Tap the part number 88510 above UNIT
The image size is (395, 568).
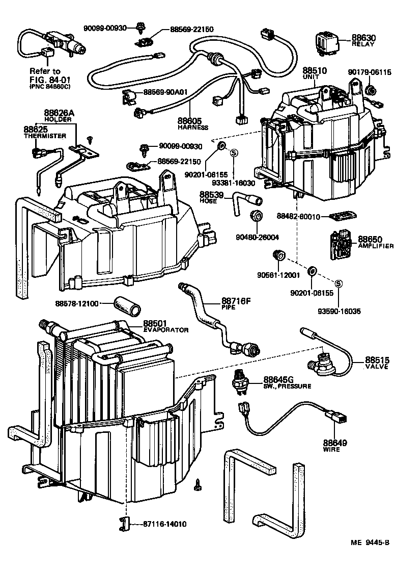(x=315, y=71)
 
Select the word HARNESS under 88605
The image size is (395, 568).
(x=193, y=127)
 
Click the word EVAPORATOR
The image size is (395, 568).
(x=166, y=330)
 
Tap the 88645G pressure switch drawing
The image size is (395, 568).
(x=239, y=381)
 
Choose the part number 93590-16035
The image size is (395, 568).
(x=340, y=311)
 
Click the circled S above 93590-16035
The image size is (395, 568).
(x=338, y=283)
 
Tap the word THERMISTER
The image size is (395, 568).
(x=45, y=136)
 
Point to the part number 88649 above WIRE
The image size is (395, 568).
(x=335, y=443)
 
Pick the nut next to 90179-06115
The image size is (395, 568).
(x=371, y=89)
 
